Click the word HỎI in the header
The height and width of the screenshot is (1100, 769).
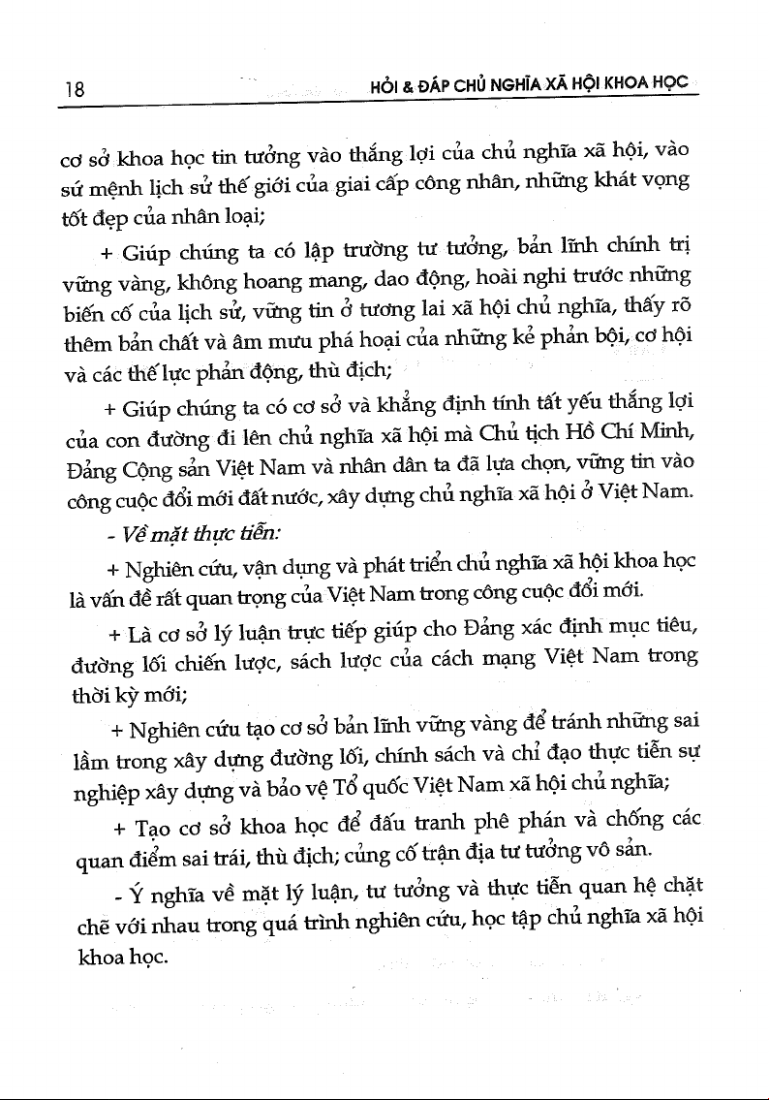pyautogui.click(x=384, y=85)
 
